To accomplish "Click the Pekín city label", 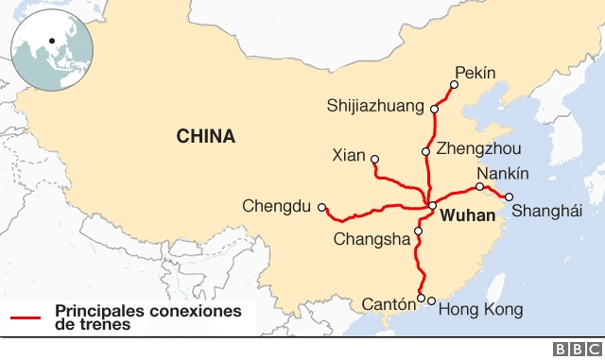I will coord(475,72).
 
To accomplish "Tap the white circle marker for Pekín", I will coord(454,85).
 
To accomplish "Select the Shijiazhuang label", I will coord(375,105).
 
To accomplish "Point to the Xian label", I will coord(350,155).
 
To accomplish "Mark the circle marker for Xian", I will coord(375,159).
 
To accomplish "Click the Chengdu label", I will coord(275,205).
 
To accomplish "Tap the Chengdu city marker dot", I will coord(322,207).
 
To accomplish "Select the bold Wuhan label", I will coord(468,216).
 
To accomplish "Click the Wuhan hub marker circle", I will coord(432,205).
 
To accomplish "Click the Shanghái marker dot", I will coord(510,197).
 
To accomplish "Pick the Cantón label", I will coord(389,304).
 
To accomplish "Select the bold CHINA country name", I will coord(206,137).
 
